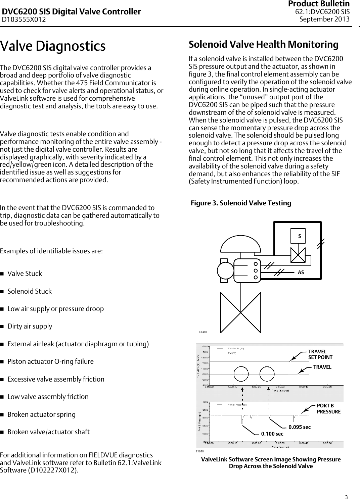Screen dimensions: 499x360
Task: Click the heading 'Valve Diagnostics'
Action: pos(53,46)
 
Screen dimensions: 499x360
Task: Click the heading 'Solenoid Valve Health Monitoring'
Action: pos(263,45)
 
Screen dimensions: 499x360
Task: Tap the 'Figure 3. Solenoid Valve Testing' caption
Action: pos(241,203)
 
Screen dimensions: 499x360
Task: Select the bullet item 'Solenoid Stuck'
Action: pos(30,291)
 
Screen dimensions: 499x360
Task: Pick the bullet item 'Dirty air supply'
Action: pos(30,327)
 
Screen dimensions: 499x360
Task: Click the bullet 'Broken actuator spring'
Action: pos(41,414)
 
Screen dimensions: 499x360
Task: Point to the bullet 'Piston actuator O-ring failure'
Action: pos(50,362)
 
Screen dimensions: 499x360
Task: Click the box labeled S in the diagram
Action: pos(300,236)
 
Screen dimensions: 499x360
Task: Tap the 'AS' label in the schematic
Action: pos(301,272)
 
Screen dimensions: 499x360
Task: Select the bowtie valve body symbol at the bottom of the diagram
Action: pos(240,312)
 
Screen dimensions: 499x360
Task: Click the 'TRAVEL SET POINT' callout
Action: pos(320,355)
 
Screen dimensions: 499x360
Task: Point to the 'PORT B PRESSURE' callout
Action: pos(328,409)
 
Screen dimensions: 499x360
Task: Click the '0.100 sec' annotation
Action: pos(272,434)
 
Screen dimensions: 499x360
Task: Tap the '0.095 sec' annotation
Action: pos(300,427)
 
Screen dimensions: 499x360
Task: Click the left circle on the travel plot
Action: pos(241,374)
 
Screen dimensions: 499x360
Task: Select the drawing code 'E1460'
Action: pos(203,332)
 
